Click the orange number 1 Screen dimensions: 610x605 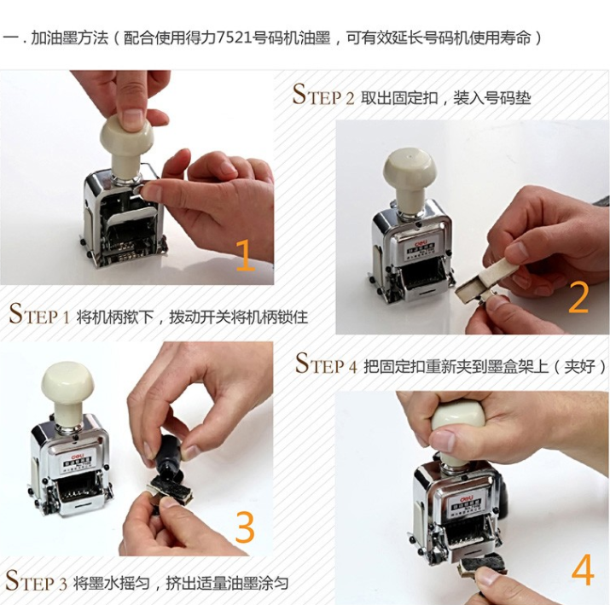pos(245,255)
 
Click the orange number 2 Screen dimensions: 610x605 pos(578,297)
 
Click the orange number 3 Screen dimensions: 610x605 pos(245,526)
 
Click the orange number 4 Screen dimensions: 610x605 pos(583,570)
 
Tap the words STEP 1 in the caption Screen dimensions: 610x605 pos(39,314)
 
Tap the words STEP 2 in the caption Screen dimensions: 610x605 pos(323,96)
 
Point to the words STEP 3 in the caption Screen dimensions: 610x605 pos(36,581)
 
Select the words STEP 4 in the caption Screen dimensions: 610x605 pos(326,364)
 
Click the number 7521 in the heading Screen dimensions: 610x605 pos(232,38)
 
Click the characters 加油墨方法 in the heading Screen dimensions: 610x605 pos(69,38)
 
